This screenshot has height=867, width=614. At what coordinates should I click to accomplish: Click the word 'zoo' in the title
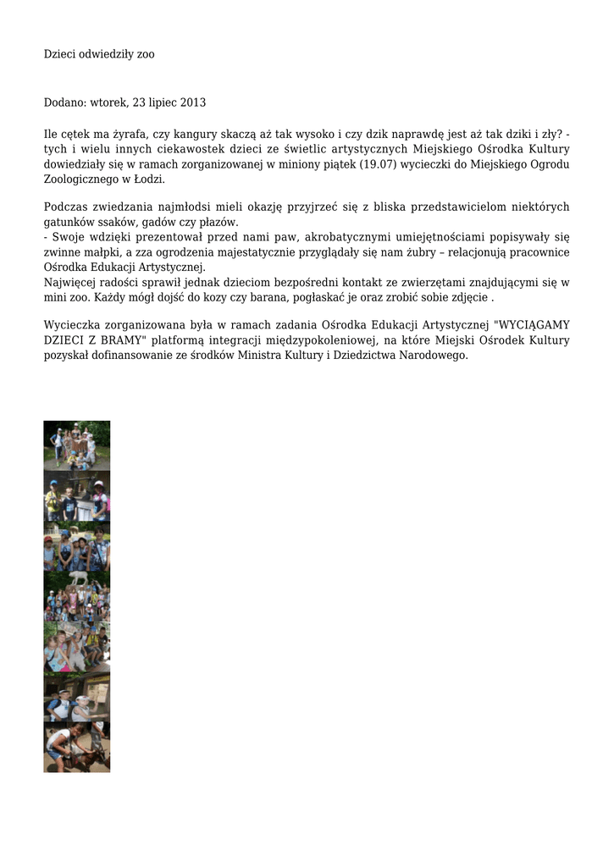tap(146, 54)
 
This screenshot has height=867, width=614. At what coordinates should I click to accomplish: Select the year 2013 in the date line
tap(191, 102)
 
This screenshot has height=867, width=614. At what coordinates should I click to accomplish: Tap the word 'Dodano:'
tap(64, 102)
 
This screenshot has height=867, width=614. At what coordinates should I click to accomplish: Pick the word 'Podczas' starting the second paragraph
tap(65, 207)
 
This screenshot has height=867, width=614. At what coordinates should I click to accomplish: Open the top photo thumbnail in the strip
tap(77, 445)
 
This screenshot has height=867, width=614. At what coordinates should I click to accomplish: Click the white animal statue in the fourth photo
tap(78, 577)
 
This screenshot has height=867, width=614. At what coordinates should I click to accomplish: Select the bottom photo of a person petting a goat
tap(77, 747)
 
